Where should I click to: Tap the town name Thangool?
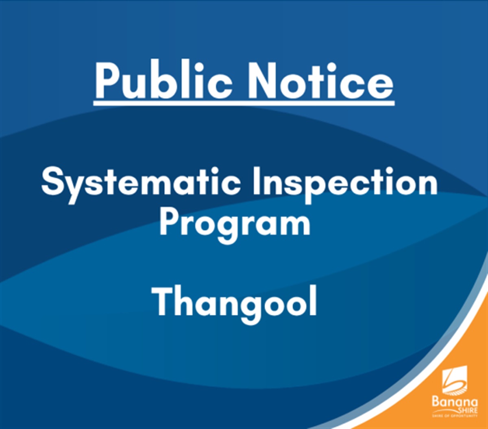235,303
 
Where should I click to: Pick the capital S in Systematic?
52,182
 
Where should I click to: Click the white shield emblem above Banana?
455,380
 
